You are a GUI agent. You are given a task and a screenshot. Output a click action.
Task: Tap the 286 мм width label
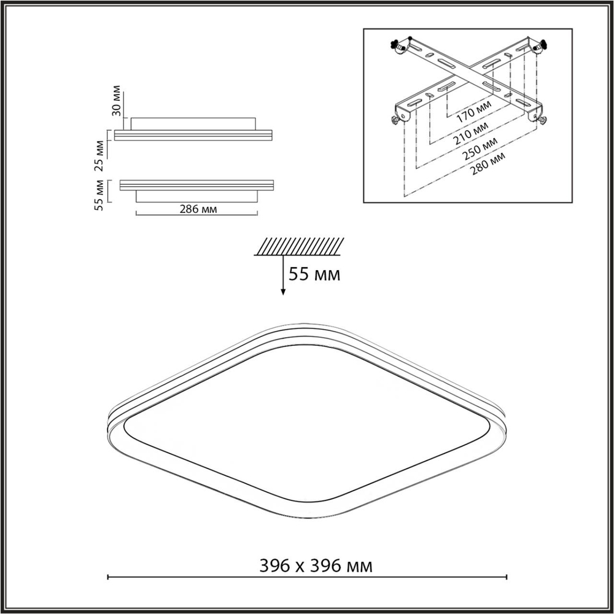point(196,209)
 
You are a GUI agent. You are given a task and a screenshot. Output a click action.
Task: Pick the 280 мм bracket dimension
point(487,163)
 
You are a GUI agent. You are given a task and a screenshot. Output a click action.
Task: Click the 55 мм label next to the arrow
point(314,274)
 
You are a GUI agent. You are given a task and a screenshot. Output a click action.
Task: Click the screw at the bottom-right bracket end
point(542,119)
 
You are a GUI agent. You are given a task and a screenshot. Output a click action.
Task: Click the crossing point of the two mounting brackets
point(470,74)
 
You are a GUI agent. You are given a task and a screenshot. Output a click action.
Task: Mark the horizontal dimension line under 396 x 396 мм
point(307,577)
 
